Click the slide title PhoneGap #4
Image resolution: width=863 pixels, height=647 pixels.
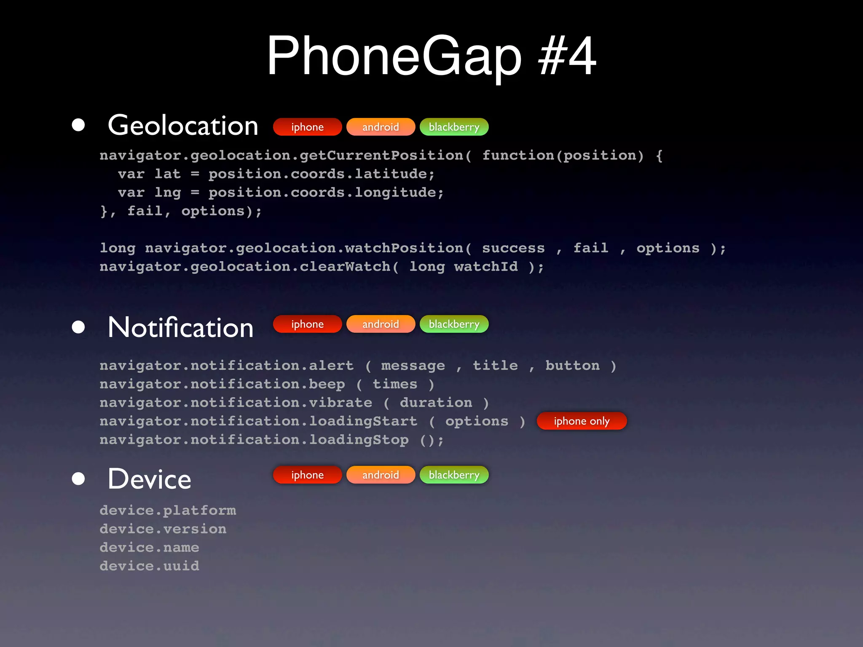click(431, 56)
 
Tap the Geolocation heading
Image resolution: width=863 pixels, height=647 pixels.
click(183, 126)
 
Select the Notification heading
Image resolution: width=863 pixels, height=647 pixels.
click(180, 327)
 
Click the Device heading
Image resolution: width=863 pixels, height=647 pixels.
click(149, 479)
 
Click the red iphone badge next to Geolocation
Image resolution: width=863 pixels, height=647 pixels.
click(307, 127)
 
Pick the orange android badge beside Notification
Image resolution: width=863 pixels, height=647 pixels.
click(381, 324)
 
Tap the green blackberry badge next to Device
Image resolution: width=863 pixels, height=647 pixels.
click(454, 475)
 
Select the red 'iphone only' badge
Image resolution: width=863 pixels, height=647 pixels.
click(582, 421)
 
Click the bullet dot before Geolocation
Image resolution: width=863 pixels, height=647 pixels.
click(78, 125)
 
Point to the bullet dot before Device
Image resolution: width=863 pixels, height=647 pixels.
click(78, 479)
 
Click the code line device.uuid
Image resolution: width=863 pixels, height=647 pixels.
click(149, 566)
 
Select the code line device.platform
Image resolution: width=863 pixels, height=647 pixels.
click(168, 510)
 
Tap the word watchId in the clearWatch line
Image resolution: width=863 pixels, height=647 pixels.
click(486, 267)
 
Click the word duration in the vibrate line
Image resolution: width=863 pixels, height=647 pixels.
click(436, 403)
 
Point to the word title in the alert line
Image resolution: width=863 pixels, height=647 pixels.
click(495, 366)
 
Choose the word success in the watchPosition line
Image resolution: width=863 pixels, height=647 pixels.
click(513, 248)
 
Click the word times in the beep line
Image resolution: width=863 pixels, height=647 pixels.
click(395, 384)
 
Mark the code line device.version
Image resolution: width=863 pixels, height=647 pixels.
click(163, 529)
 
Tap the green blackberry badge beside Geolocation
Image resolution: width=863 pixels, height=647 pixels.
click(454, 127)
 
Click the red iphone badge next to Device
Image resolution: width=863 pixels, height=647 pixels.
click(307, 475)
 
